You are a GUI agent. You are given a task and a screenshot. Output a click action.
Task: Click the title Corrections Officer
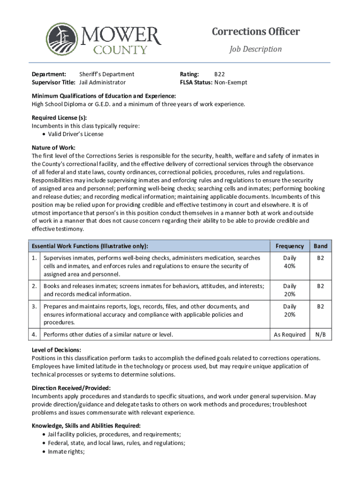point(256,32)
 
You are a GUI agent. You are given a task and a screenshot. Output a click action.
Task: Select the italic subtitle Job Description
point(255,49)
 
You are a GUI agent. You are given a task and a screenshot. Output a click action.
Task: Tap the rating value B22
point(219,74)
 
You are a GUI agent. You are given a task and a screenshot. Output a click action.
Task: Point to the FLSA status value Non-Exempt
point(230,82)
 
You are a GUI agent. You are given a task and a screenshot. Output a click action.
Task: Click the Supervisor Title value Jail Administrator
point(102,82)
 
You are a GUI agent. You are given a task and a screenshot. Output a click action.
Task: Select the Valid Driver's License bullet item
point(75,134)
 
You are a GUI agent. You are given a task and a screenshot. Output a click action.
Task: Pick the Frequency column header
point(289,246)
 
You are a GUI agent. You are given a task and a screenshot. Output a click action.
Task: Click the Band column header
point(320,246)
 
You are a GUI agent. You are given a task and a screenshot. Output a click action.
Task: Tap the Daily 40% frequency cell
point(289,262)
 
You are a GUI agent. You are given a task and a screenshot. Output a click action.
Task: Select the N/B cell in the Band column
point(320,334)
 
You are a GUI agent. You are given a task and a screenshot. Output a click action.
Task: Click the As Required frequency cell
point(289,334)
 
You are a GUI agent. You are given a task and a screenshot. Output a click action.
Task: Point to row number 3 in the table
point(35,306)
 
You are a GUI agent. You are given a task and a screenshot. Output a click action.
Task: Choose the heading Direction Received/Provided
point(71,388)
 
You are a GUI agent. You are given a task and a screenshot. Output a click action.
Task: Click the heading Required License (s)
point(59,117)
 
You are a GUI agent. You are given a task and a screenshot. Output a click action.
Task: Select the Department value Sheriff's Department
point(107,74)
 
